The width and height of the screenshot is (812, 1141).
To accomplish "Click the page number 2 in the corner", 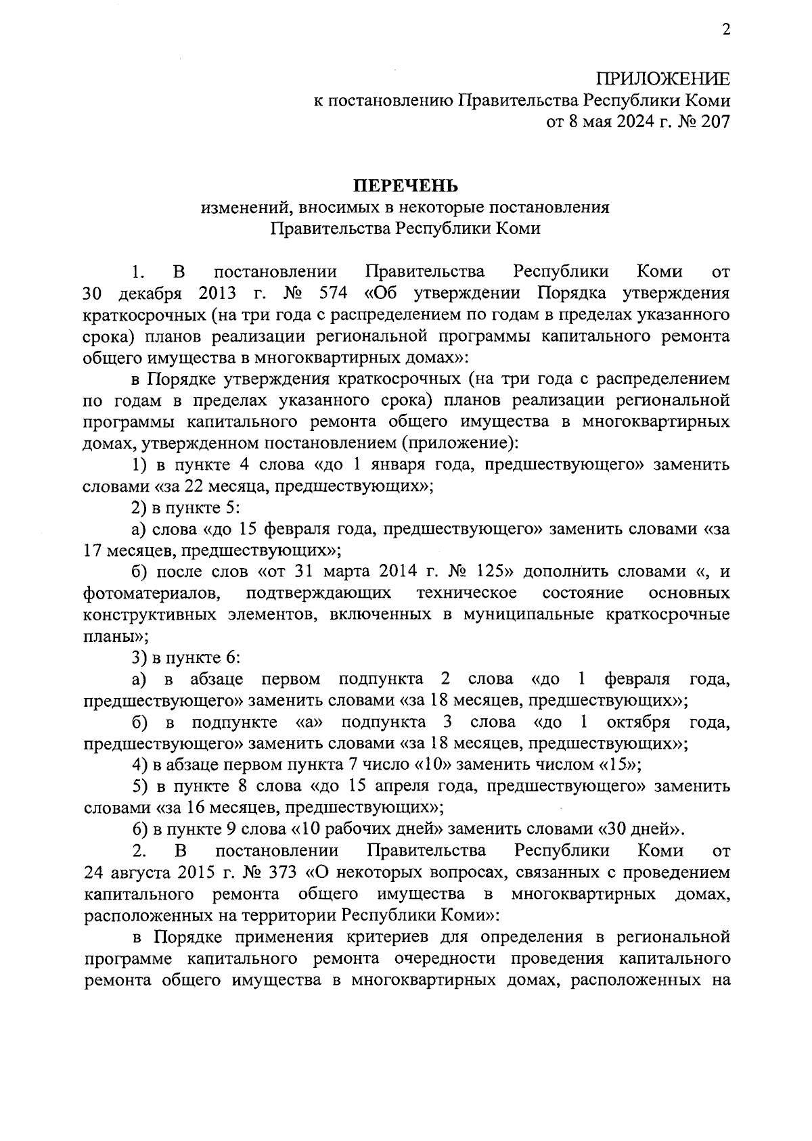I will [725, 30].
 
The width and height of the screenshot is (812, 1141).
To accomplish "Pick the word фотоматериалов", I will [152, 594].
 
